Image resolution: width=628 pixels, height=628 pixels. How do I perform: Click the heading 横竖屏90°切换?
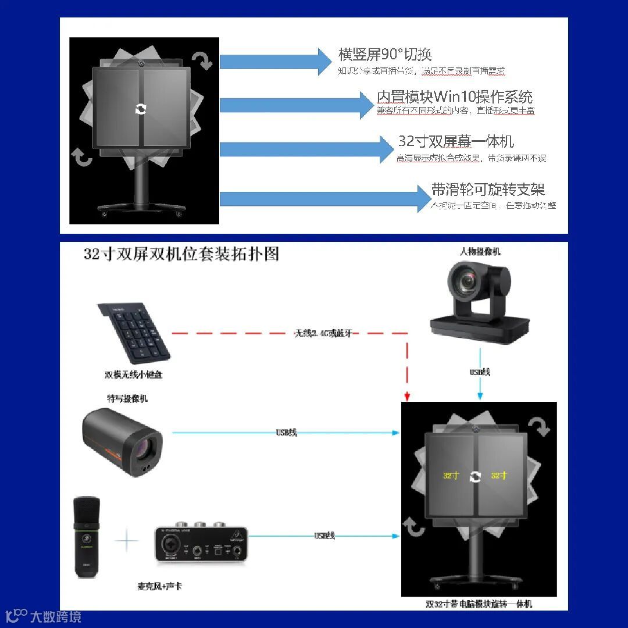coord(385,55)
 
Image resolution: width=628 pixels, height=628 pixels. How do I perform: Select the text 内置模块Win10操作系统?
coord(454,97)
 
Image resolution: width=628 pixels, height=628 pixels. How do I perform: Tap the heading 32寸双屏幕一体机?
coord(456,141)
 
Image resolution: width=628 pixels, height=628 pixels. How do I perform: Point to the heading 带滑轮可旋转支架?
coord(488,190)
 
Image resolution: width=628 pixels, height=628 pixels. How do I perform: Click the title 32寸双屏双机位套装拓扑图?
coord(181,254)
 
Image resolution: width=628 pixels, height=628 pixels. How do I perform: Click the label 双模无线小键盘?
coord(133,375)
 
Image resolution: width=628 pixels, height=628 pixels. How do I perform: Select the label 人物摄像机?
coord(480,252)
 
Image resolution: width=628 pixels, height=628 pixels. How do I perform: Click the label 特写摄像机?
coord(127,398)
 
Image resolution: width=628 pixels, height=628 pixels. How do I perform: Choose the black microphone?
coord(87,536)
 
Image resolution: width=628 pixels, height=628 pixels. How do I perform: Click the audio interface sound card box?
coord(201,544)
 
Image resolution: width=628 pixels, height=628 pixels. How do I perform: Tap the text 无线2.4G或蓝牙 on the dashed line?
coord(323,334)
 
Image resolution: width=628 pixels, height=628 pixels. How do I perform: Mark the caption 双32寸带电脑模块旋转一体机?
coord(479,604)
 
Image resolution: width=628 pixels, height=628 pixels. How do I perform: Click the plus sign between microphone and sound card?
coord(127,541)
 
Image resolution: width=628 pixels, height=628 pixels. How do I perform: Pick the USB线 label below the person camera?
coord(480,372)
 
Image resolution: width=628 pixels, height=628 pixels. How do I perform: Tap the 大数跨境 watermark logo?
coord(44,616)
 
